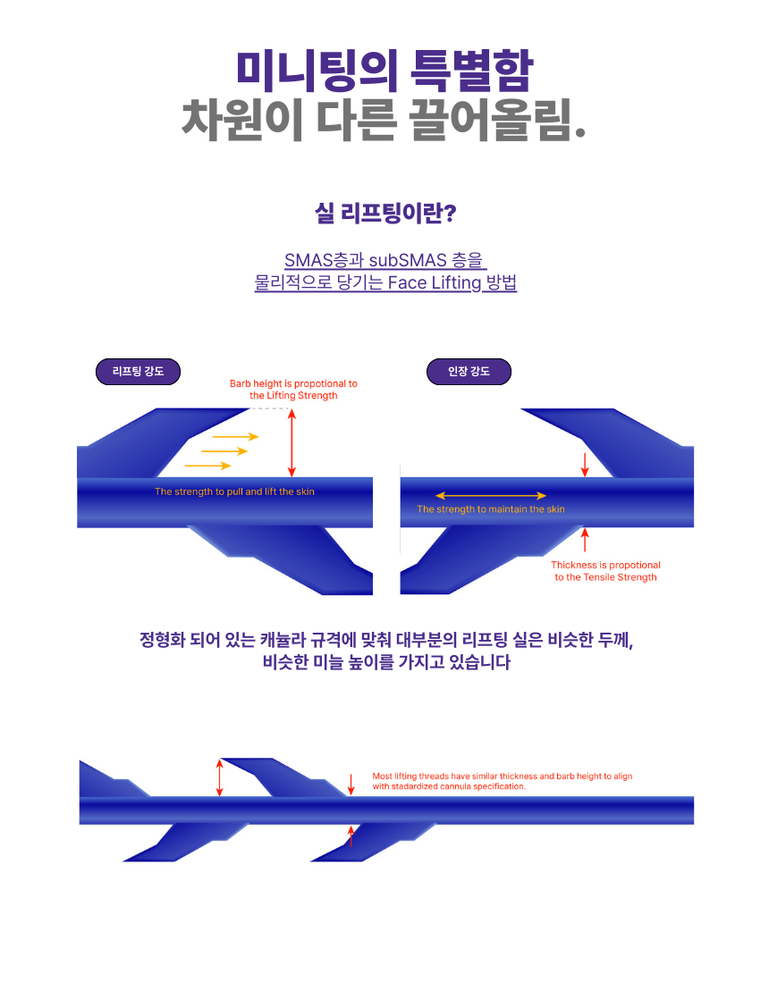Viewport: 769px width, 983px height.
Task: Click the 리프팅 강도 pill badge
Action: pyautogui.click(x=138, y=372)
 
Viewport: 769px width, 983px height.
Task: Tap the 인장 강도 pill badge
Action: pyautogui.click(x=469, y=372)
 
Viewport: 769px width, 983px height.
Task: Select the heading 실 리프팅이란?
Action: pyautogui.click(x=385, y=214)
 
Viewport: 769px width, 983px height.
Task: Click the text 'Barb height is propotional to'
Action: pyautogui.click(x=293, y=383)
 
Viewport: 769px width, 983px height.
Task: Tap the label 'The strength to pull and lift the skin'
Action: pyautogui.click(x=234, y=491)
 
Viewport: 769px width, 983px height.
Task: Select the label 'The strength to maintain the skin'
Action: pyautogui.click(x=491, y=509)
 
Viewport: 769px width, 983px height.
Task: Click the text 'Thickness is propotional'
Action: pyautogui.click(x=605, y=565)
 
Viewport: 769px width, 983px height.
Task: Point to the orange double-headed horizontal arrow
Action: pyautogui.click(x=491, y=495)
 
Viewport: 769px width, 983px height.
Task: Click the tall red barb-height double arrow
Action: pyautogui.click(x=291, y=442)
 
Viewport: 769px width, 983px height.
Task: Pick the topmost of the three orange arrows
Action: pyautogui.click(x=236, y=436)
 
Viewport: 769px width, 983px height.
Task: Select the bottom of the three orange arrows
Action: pyautogui.click(x=208, y=466)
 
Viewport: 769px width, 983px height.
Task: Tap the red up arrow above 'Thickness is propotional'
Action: pyautogui.click(x=585, y=540)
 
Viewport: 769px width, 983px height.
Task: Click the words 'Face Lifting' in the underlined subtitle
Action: pyautogui.click(x=434, y=282)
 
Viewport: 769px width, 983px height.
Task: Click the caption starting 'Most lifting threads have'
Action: pyautogui.click(x=503, y=781)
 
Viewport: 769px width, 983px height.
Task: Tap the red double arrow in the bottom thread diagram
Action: pyautogui.click(x=219, y=778)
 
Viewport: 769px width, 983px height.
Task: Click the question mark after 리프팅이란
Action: pyautogui.click(x=449, y=214)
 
